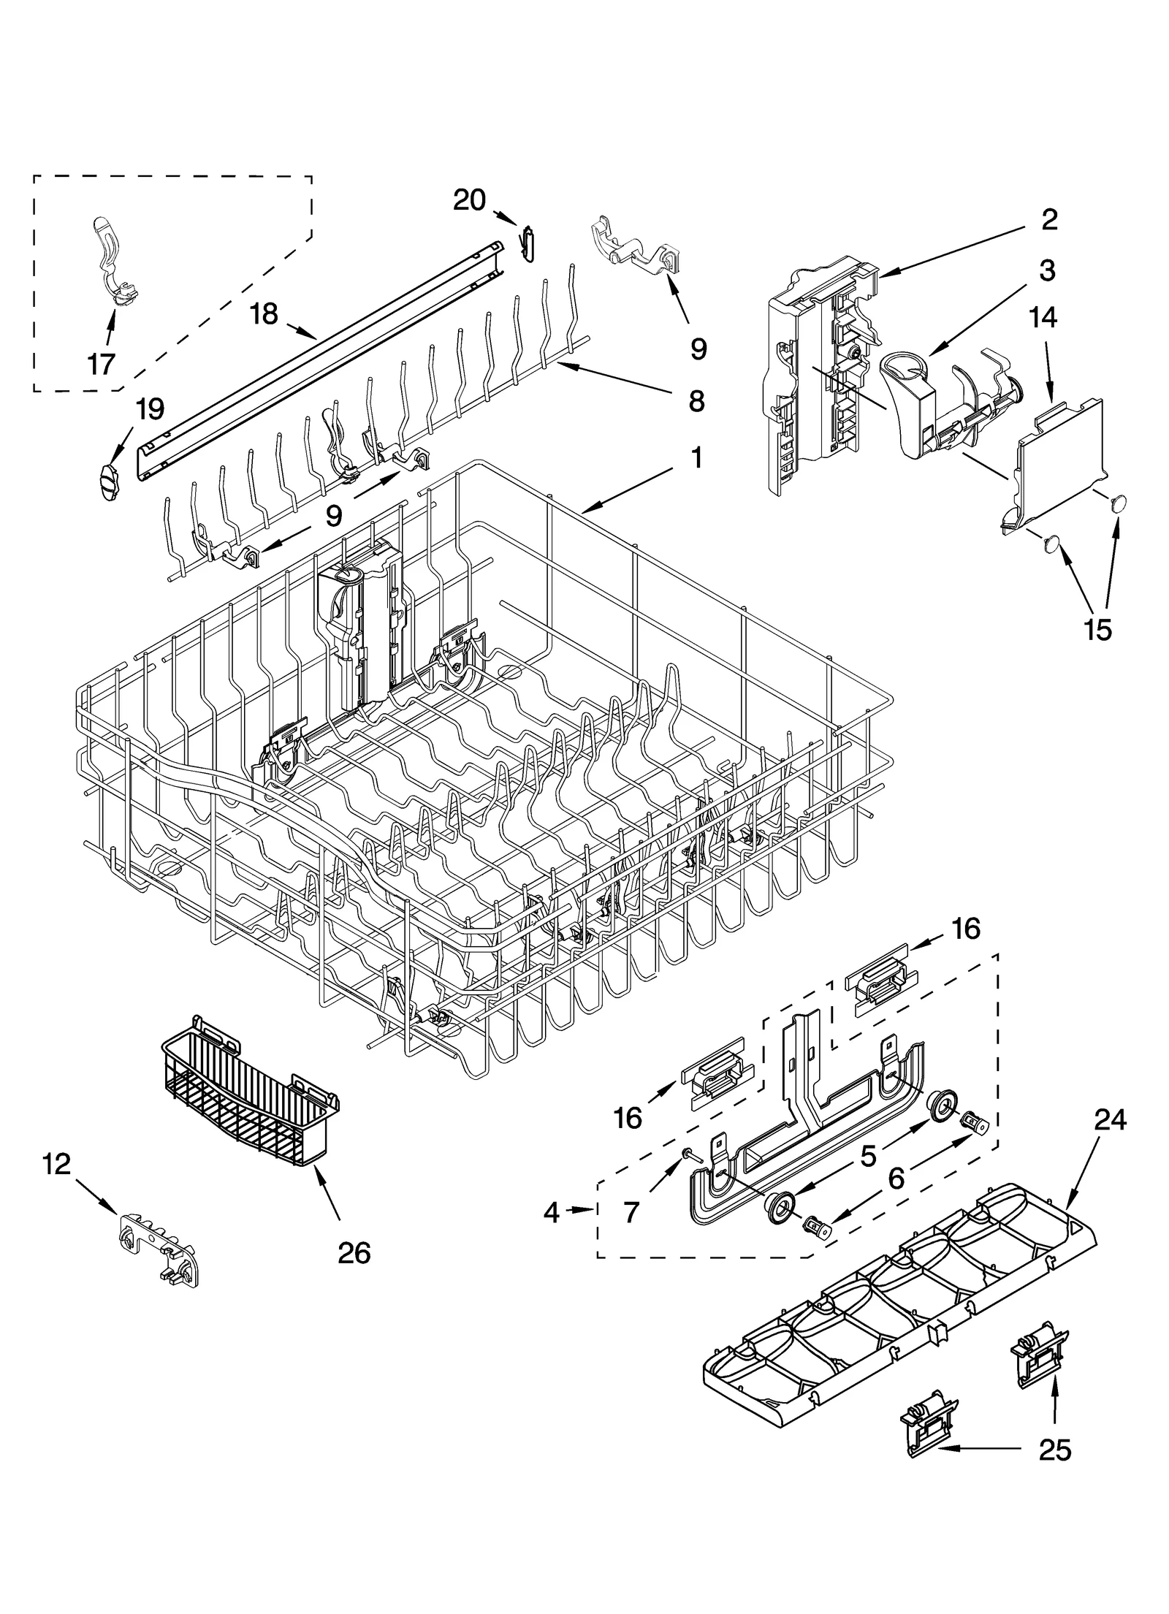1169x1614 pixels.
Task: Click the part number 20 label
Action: click(x=468, y=199)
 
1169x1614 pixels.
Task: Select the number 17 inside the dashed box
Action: click(x=101, y=362)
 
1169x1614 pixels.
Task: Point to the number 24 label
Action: click(x=1110, y=1119)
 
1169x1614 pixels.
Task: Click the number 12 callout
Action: click(x=57, y=1163)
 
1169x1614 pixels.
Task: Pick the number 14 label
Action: click(x=1044, y=317)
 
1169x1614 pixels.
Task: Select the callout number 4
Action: click(x=552, y=1212)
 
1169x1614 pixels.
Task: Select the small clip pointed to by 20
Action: click(x=528, y=244)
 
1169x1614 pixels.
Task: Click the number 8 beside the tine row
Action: click(x=696, y=400)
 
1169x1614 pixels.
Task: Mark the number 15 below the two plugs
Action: click(x=1097, y=629)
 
